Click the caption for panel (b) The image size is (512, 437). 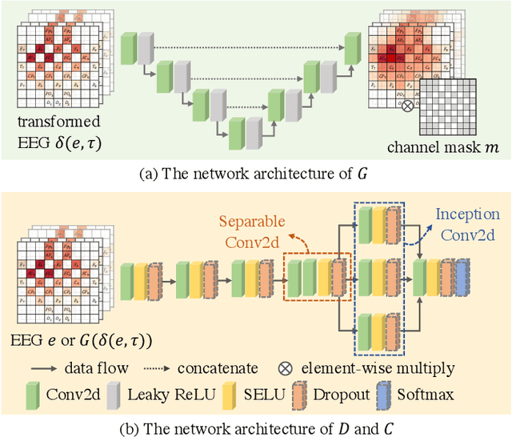pyautogui.click(x=256, y=424)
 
